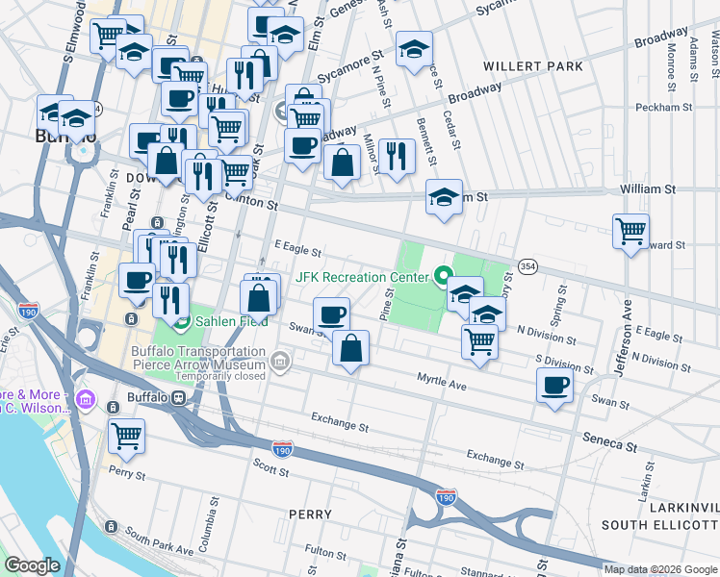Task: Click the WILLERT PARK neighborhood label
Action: point(534,66)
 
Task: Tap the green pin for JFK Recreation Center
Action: point(444,277)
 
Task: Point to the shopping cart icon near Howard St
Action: point(630,231)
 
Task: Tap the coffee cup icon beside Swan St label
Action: point(554,386)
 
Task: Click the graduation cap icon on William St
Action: point(444,196)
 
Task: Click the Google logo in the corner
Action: point(32,565)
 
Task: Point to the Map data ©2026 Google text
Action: point(659,569)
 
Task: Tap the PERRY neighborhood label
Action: point(311,514)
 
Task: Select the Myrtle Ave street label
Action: point(441,383)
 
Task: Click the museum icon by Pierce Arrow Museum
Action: point(280,363)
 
